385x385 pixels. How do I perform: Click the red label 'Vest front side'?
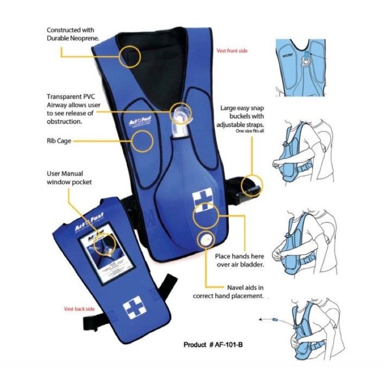click(232, 51)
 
